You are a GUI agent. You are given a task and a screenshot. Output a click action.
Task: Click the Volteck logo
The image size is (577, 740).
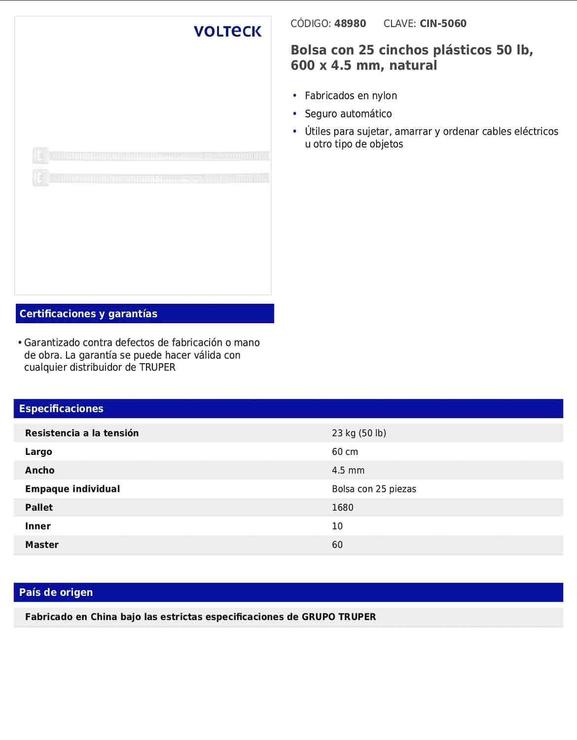coord(227,32)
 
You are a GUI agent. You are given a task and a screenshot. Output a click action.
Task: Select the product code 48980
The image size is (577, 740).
coord(350,24)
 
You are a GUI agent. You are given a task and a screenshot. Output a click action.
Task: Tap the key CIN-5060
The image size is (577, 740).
coord(443,24)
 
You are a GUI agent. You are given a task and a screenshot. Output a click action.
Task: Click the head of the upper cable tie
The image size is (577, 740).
coord(40,156)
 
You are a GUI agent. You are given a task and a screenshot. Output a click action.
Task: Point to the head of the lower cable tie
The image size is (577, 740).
coord(40,178)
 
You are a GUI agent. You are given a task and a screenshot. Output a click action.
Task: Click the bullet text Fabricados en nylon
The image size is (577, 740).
coord(351,96)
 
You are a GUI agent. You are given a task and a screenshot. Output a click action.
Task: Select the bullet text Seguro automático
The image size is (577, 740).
coord(348,114)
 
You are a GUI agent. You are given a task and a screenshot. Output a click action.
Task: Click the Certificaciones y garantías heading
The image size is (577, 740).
coord(88,314)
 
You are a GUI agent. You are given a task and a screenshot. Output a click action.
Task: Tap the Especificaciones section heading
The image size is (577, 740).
coord(61,408)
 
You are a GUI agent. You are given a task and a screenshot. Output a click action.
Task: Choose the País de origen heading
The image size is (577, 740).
coord(56,592)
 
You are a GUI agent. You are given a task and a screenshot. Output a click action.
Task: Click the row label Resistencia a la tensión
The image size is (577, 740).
coord(82,433)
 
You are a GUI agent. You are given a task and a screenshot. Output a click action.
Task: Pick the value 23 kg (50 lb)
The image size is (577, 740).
coord(359,433)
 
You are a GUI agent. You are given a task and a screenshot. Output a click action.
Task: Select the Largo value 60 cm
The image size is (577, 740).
coord(345,452)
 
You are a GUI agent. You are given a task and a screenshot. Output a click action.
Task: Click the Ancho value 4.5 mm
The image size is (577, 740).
coord(348,471)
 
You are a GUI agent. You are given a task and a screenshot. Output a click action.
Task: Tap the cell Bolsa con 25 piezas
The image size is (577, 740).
coord(374,489)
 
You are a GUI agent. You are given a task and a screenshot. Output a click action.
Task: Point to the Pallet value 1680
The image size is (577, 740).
coord(342,508)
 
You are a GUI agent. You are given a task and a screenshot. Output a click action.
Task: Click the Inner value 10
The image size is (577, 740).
coord(337,526)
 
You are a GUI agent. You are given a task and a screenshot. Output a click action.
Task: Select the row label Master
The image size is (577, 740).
coord(42,545)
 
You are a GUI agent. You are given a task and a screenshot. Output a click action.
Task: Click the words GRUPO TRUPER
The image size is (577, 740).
coord(339,617)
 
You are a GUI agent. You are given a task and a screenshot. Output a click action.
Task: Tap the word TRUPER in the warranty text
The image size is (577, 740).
coord(157,368)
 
